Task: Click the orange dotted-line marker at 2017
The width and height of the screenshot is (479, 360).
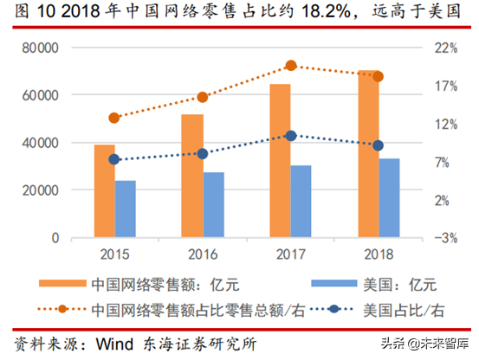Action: point(291,66)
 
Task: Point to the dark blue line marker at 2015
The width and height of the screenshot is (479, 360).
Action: point(114,159)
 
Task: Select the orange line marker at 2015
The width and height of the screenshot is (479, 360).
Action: point(114,118)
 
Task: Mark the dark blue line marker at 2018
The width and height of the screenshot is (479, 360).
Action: point(378,145)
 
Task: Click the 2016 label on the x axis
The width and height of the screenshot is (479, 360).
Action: point(203,254)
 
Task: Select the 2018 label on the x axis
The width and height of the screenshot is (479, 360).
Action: point(377,254)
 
